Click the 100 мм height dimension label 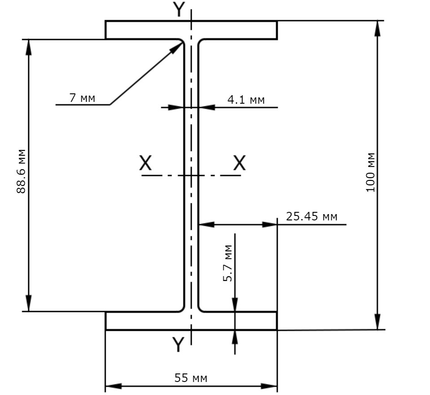pos(370,172)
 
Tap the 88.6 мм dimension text pos(21,171)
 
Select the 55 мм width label pos(191,378)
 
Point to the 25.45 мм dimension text pos(312,217)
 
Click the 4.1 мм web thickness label pos(246,100)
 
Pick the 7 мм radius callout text pos(82,98)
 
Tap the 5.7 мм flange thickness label pos(228,263)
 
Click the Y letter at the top pos(179,9)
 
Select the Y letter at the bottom pos(178,344)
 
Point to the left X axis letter pos(145,163)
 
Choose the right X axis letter pos(239,163)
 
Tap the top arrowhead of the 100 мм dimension pos(378,28)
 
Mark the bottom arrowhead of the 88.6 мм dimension pos(29,303)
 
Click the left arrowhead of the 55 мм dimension pos(113,386)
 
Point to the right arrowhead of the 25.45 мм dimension pos(270,224)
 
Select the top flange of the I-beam pos(191,30)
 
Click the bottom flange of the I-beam pos(191,321)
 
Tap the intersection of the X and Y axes pos(191,176)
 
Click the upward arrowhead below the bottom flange pos(235,337)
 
